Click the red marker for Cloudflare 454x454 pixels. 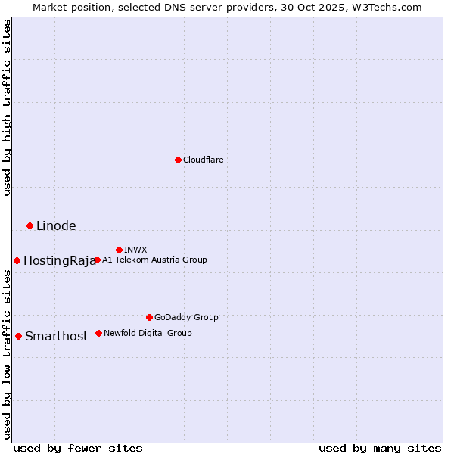point(178,160)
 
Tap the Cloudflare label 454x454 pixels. point(203,160)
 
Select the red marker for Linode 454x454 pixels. point(30,225)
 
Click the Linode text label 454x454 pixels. point(56,225)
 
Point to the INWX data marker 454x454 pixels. point(119,250)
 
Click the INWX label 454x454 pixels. point(135,250)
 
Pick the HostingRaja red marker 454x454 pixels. point(17,260)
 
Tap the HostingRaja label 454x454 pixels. point(59,261)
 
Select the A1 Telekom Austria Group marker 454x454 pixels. point(97,260)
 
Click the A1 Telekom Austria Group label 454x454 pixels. point(154,260)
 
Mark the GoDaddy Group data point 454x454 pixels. point(149,317)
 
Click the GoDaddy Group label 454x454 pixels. point(186,317)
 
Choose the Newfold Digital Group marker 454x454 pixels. point(98,333)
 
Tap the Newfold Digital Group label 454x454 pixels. point(148,333)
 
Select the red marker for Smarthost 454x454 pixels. point(18,336)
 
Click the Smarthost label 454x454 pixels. point(56,337)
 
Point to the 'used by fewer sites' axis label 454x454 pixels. point(78,448)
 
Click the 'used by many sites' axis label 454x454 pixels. point(380,448)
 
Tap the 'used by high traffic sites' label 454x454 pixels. point(7,107)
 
